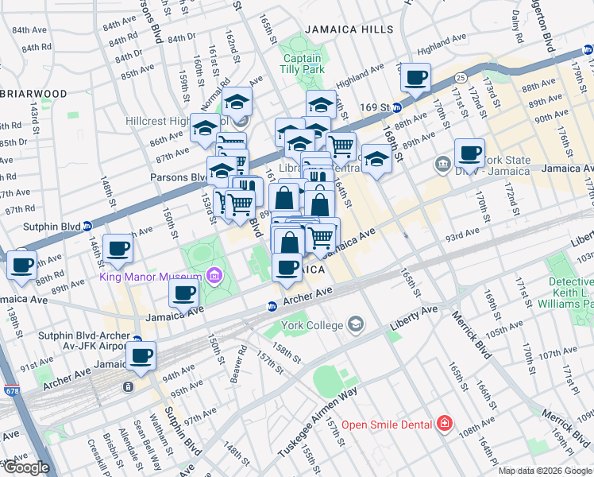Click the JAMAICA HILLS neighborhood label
(x=348, y=29)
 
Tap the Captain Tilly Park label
(x=303, y=64)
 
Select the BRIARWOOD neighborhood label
(x=33, y=93)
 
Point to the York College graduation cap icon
(x=356, y=324)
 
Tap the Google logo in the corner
(x=25, y=468)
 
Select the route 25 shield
(x=460, y=77)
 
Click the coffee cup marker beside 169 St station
(x=415, y=79)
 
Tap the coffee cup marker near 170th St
(x=469, y=152)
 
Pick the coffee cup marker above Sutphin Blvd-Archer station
(x=141, y=355)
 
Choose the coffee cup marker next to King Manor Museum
(x=184, y=293)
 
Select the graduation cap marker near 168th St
(x=376, y=157)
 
